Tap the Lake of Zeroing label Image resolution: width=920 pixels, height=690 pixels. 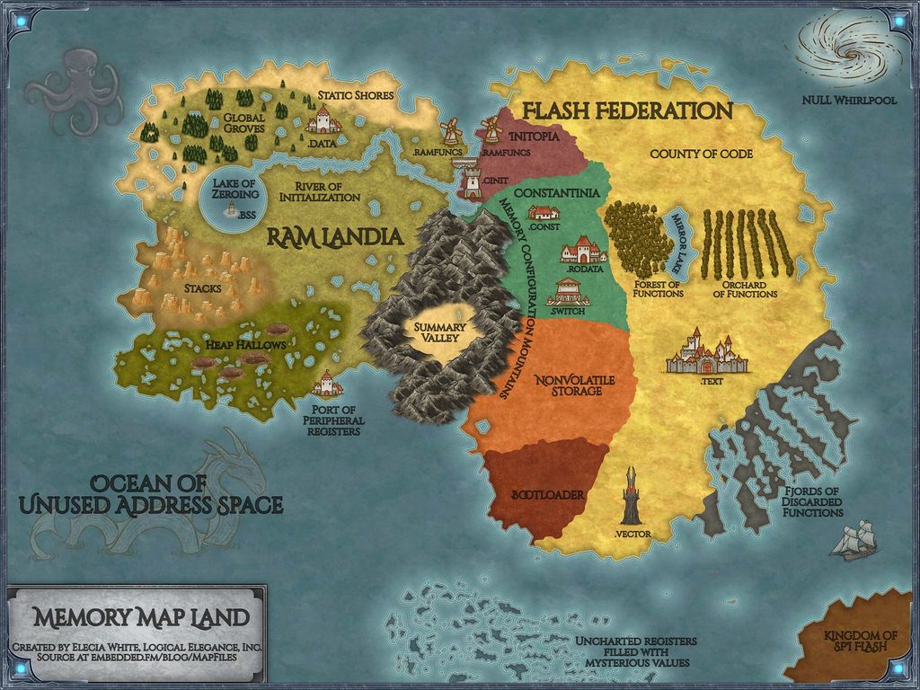235,189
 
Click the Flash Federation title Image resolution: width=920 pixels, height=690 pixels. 627,111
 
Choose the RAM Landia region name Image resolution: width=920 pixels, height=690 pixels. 333,237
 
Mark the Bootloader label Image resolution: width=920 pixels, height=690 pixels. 547,495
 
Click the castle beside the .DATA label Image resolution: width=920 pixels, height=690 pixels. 323,119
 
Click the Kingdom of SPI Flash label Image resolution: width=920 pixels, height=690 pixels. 860,640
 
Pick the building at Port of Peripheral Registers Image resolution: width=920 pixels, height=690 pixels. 327,385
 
